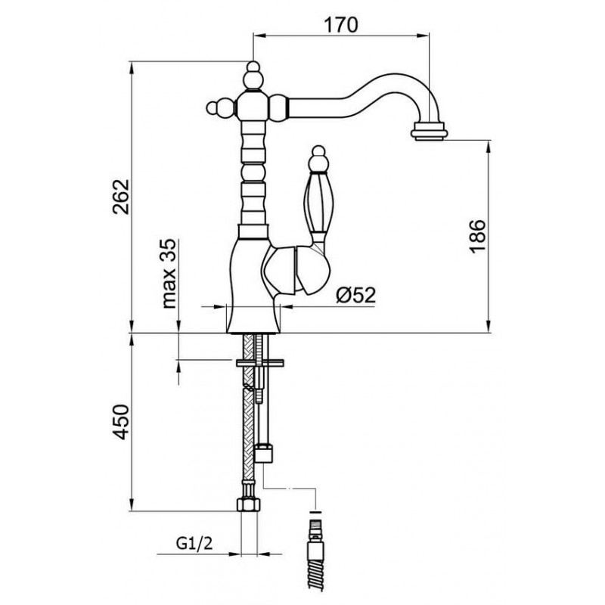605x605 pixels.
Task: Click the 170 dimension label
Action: (x=341, y=25)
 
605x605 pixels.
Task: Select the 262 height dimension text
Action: (x=121, y=197)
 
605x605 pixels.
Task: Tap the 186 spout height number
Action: (x=478, y=236)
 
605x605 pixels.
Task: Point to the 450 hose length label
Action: (x=121, y=422)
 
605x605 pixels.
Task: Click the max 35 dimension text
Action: (x=169, y=274)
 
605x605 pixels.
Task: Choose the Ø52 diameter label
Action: (x=355, y=295)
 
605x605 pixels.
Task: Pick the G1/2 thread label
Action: (x=194, y=544)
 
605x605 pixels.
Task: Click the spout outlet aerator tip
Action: (x=429, y=131)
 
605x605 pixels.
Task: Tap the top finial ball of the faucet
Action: (x=253, y=76)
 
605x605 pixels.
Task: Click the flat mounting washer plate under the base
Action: (x=259, y=362)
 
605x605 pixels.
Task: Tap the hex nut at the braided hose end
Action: (x=249, y=504)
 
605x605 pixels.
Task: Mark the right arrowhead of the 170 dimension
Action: (x=423, y=36)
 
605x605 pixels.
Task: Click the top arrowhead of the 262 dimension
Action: (x=132, y=67)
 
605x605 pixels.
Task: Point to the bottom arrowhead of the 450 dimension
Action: (x=132, y=505)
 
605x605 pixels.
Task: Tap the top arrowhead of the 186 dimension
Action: (x=489, y=147)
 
